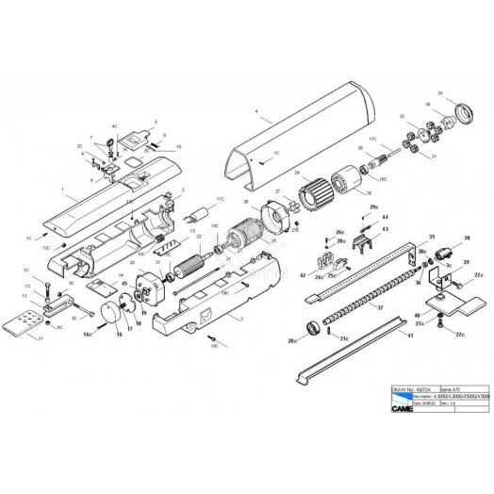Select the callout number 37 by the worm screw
point(380,307)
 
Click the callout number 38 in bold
point(465,238)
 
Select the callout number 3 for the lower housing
point(241,319)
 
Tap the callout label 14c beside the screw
point(86,334)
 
